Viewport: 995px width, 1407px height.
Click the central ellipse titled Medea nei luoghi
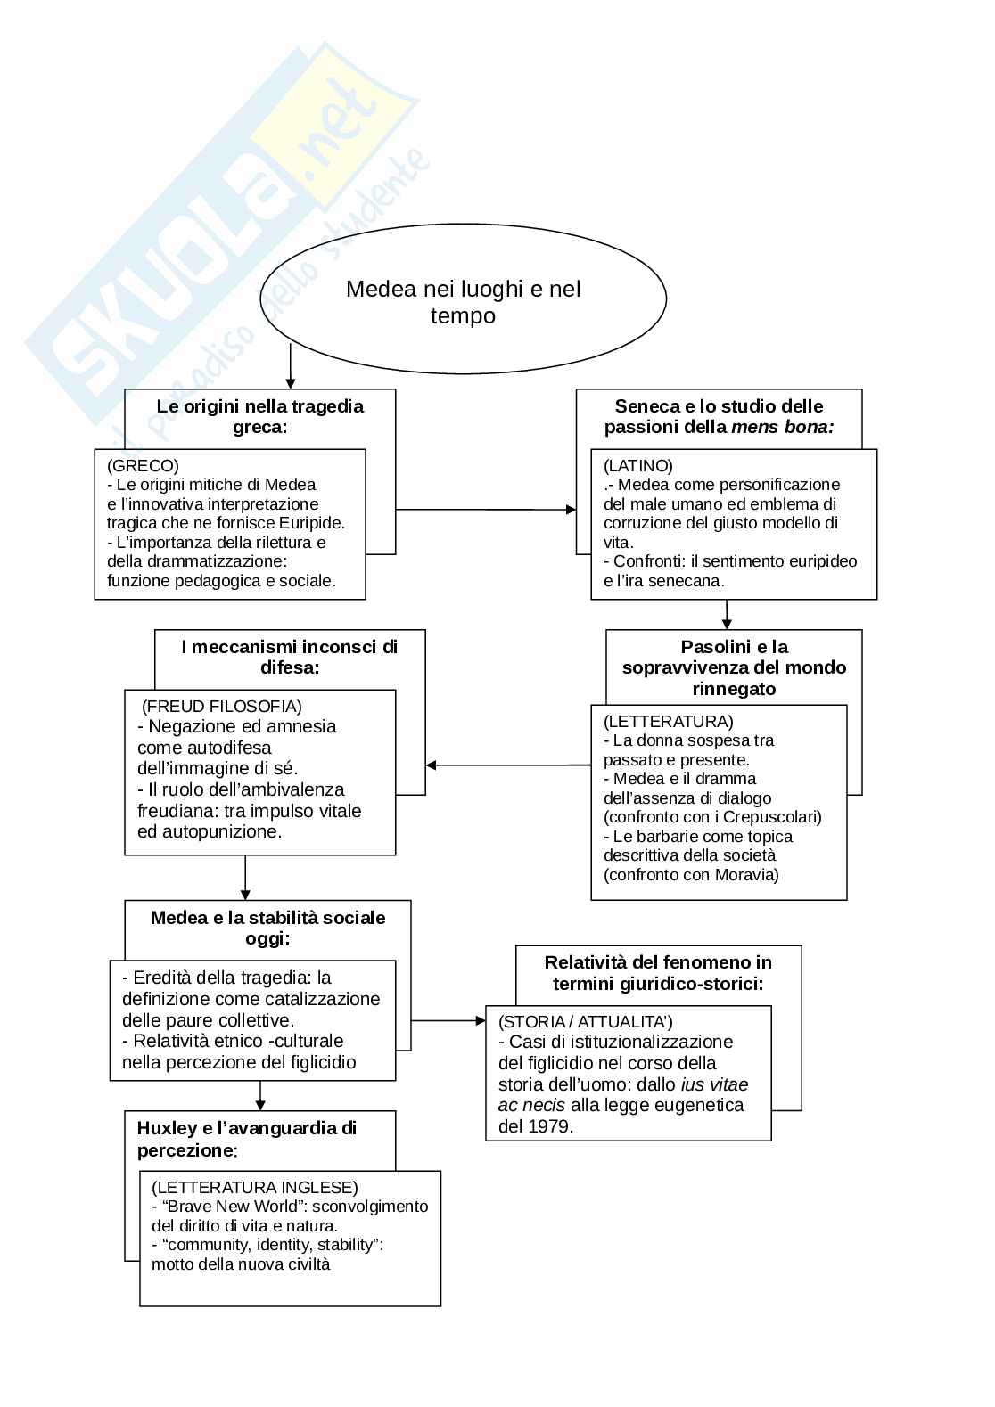[x=463, y=301]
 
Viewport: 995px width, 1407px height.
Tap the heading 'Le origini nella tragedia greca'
[x=260, y=416]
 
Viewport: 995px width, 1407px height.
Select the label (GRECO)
[x=143, y=465]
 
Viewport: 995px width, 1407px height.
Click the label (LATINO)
[x=637, y=465]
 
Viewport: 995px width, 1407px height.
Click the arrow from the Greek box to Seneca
[x=485, y=510]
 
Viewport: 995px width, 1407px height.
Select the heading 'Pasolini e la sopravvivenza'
[x=734, y=667]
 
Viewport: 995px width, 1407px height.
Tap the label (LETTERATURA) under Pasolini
[x=668, y=721]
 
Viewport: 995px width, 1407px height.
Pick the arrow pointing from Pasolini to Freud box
[x=508, y=765]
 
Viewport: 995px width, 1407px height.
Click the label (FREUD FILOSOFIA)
[x=222, y=707]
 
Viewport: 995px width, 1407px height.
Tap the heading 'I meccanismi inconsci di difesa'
[x=289, y=657]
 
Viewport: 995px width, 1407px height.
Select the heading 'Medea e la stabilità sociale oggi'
[x=267, y=928]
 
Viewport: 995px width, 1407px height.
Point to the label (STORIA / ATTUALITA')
[x=585, y=1021]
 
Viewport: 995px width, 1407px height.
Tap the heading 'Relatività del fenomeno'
[x=658, y=972]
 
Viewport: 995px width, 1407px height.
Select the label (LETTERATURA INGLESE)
[x=254, y=1187]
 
